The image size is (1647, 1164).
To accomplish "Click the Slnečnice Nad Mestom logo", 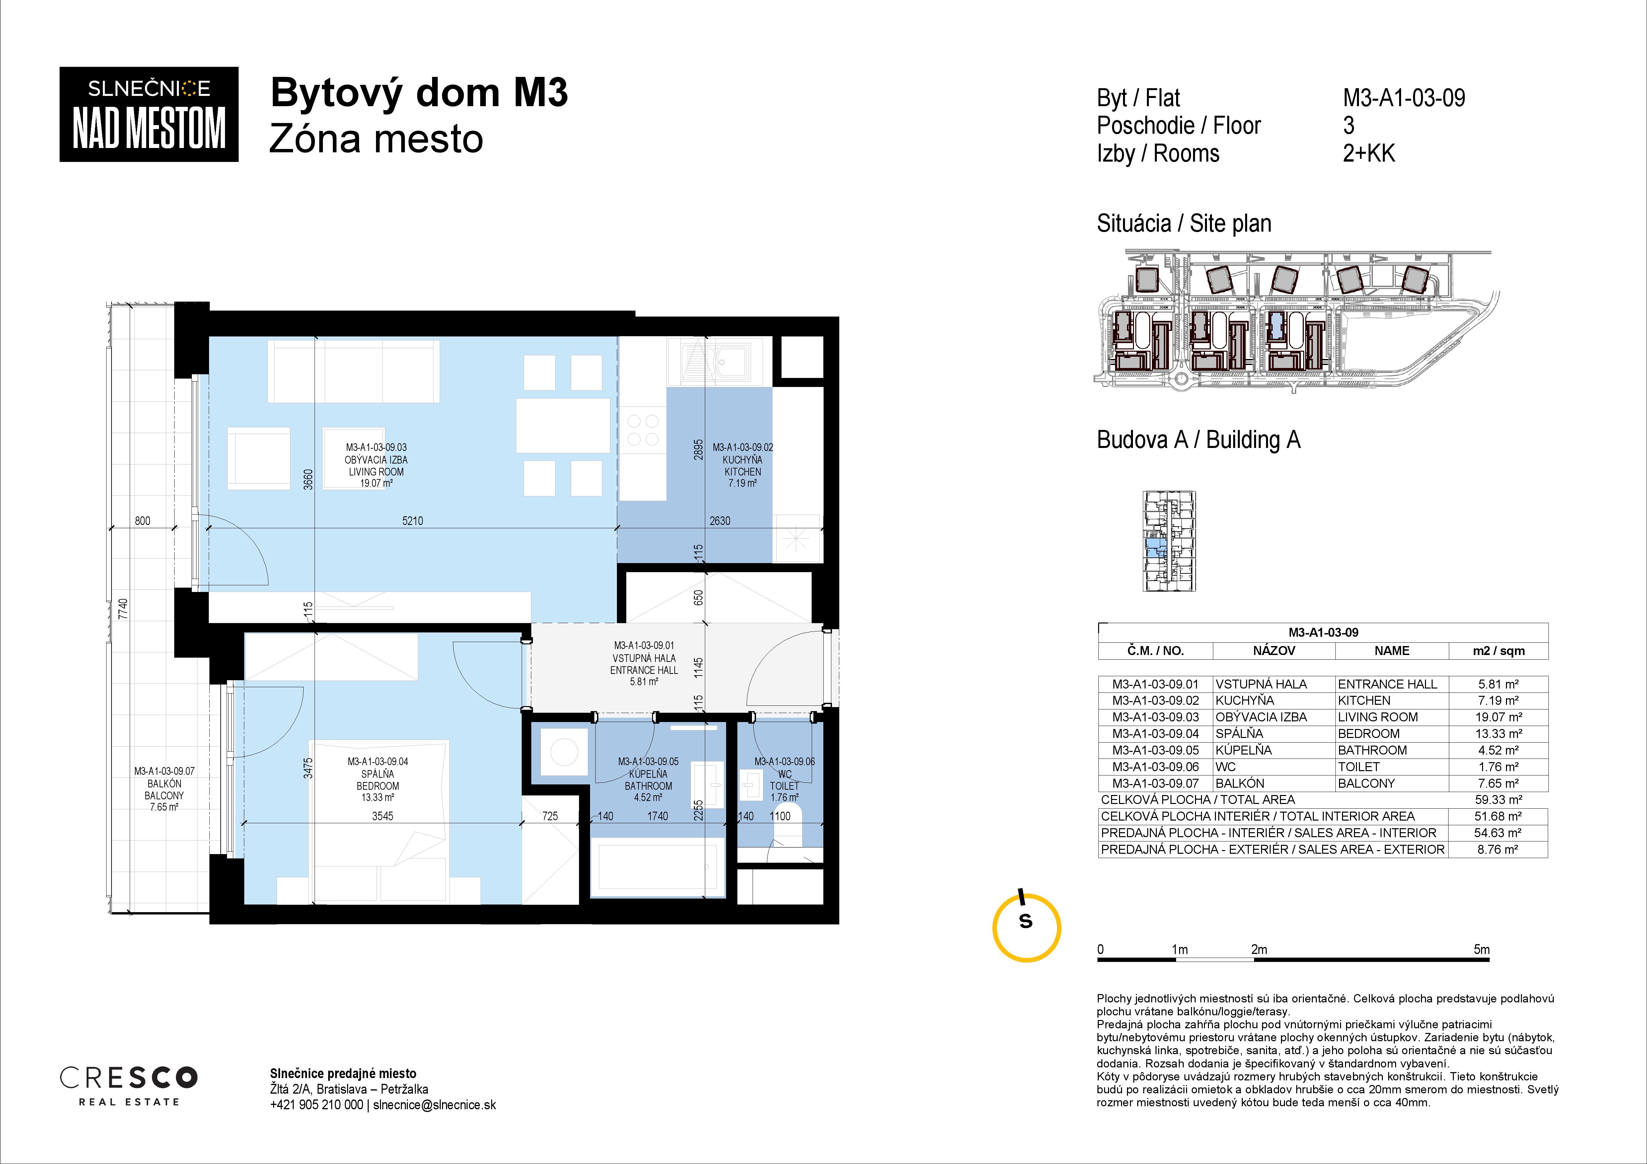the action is pos(148,114).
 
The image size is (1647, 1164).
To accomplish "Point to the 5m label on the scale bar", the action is pos(1481,949).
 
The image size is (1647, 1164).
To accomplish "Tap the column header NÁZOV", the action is pos(1274,650).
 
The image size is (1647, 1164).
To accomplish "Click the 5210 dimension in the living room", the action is pos(412,521).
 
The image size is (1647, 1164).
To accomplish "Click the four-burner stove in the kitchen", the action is pos(643,430).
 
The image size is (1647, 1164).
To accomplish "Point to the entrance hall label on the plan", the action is pos(643,663).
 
